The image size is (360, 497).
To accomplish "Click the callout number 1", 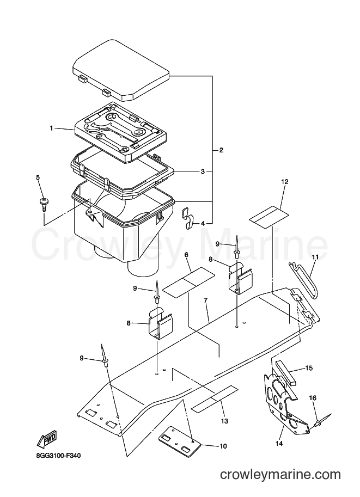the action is (x=51, y=128).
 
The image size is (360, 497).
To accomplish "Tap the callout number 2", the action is (x=221, y=150).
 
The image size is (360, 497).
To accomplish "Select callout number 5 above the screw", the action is (x=38, y=177).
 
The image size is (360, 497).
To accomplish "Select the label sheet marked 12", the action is (x=269, y=217).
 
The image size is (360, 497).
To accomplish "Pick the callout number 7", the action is (x=205, y=300).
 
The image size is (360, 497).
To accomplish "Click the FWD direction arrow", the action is (x=47, y=440).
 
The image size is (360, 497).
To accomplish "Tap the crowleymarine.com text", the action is (x=280, y=475).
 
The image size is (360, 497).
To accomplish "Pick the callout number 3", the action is (x=203, y=171).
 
